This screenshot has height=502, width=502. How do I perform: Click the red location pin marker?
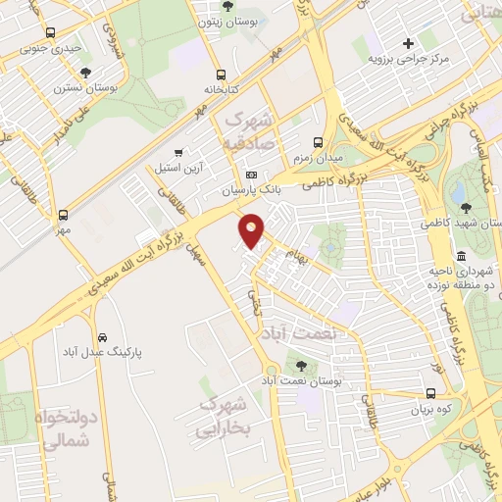click(x=252, y=230)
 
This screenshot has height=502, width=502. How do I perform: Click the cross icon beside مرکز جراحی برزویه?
click(x=409, y=43)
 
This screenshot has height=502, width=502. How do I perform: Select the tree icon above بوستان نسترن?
click(x=86, y=73)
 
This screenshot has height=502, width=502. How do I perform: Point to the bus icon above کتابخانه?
click(x=222, y=74)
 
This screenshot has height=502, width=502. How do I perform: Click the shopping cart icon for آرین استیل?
click(x=177, y=153)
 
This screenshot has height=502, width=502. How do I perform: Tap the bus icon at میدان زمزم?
click(x=317, y=141)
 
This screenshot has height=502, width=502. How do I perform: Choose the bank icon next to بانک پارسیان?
click(x=251, y=174)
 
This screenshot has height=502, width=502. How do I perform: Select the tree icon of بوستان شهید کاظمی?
click(x=466, y=208)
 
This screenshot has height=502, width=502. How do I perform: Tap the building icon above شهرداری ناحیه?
click(x=462, y=255)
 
